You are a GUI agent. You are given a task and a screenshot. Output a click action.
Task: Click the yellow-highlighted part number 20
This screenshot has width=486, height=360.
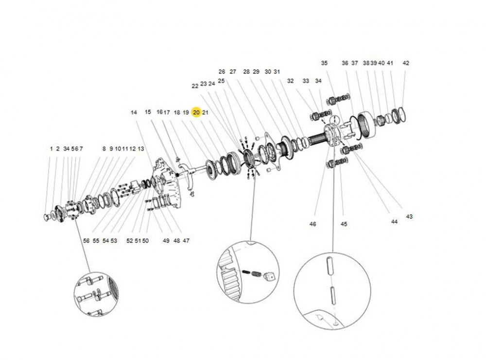point(196,112)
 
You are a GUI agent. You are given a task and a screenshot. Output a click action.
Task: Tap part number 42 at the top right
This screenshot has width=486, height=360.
point(406,63)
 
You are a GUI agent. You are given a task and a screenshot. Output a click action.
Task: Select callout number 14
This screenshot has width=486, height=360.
point(134,112)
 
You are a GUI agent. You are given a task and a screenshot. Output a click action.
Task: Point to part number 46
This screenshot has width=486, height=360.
point(312,224)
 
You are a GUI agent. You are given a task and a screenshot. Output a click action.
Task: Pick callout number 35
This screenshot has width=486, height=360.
point(324,63)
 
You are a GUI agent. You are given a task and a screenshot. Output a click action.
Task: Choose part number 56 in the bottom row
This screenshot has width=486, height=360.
point(87,240)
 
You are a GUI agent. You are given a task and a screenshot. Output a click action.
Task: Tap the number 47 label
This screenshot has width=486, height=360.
point(186,240)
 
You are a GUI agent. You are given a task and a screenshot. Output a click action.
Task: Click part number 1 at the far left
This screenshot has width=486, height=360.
point(51,148)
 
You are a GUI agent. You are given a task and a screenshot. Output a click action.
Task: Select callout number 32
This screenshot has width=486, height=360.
point(290,81)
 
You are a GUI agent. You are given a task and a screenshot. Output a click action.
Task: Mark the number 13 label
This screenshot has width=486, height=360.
point(141,148)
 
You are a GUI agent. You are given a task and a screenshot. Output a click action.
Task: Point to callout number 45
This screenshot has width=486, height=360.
point(344,224)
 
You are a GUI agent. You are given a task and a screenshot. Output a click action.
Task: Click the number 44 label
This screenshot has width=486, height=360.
point(394,221)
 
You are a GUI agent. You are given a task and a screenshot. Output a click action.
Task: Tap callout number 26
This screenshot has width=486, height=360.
point(222,72)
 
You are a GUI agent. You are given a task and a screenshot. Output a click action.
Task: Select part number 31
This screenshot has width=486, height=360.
point(277,72)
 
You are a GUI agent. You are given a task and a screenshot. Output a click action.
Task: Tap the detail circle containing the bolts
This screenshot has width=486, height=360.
point(96,295)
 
